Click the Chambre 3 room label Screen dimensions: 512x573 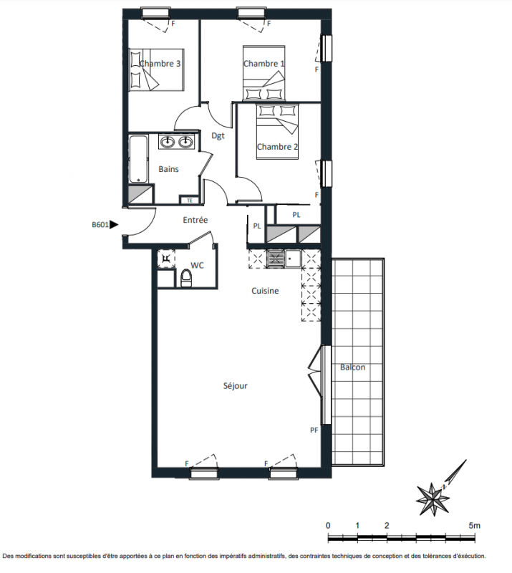click(160, 64)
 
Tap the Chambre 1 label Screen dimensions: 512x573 click(264, 64)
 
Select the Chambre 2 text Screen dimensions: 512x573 click(277, 147)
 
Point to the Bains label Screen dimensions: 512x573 click(168, 169)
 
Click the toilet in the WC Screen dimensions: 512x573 click(186, 278)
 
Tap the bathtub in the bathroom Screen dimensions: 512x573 click(138, 159)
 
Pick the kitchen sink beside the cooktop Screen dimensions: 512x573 click(293, 259)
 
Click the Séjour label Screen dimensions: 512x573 click(236, 386)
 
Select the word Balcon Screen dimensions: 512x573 click(352, 367)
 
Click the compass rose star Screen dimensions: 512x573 click(433, 499)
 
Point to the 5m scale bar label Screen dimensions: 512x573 click(474, 526)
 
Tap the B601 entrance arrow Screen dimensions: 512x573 click(114, 224)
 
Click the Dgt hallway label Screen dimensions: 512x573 click(218, 135)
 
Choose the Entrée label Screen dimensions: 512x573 click(195, 220)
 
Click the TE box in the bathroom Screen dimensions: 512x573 click(189, 201)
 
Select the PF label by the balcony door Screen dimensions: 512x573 click(314, 430)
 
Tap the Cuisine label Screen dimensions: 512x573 click(265, 291)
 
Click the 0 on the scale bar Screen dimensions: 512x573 click(328, 526)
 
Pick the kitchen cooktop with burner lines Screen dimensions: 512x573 click(276, 259)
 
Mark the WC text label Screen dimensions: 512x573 click(197, 265)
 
